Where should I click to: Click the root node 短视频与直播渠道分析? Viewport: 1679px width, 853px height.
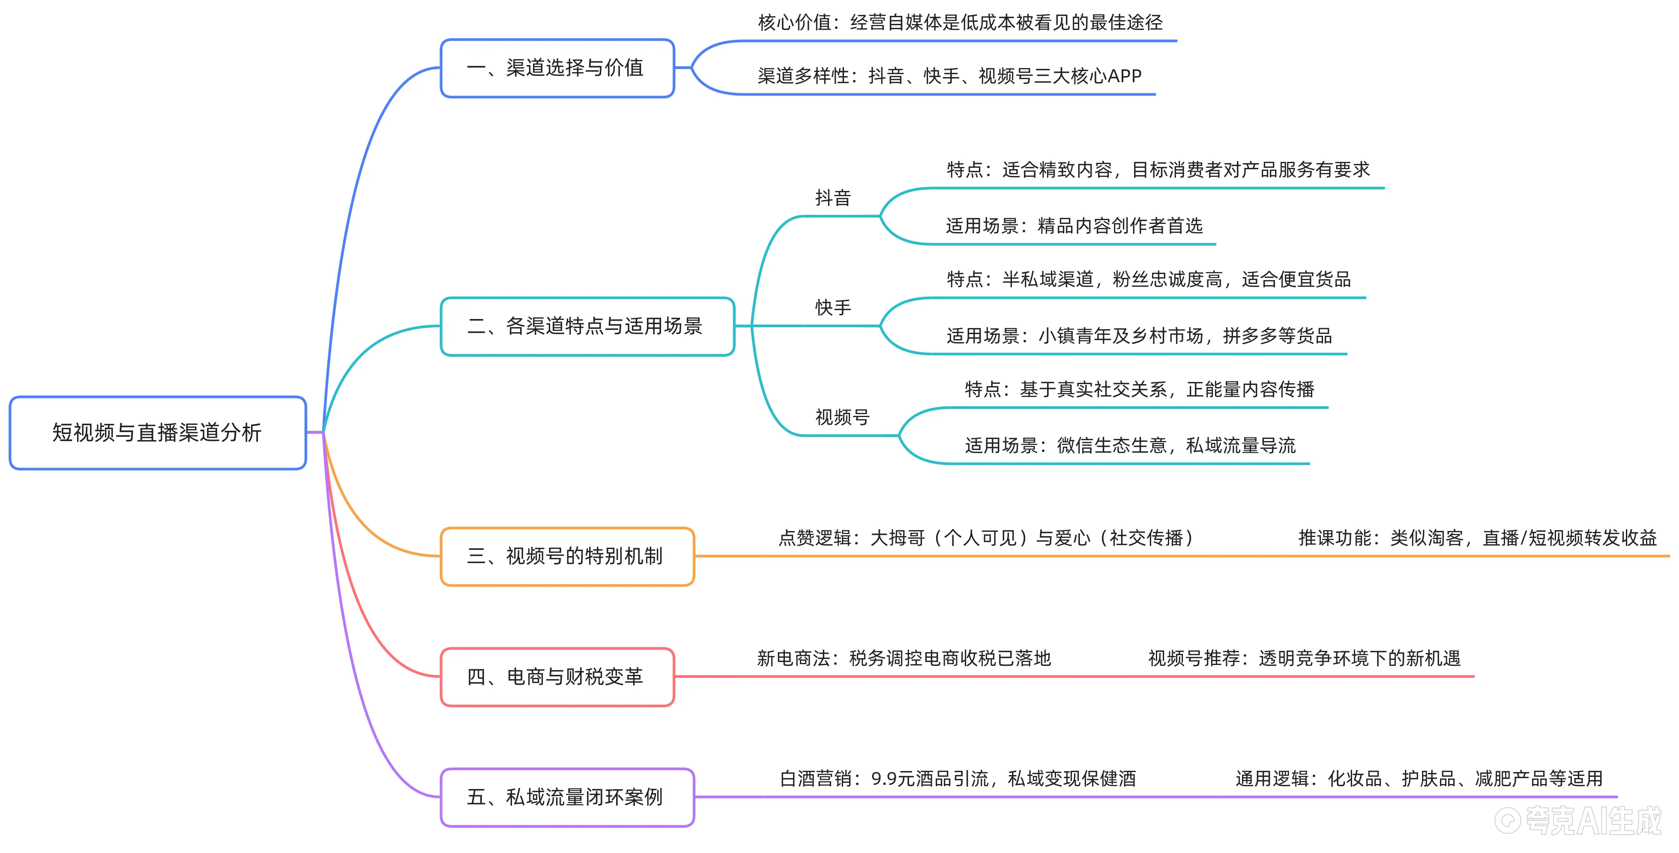157,432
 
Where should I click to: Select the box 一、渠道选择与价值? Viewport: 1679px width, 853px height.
557,68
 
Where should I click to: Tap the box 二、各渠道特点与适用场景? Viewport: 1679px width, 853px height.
587,326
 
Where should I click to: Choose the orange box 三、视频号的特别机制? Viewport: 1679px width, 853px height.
566,557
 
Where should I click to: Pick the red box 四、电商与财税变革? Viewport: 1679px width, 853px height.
557,677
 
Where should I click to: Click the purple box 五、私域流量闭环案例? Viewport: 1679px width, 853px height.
566,797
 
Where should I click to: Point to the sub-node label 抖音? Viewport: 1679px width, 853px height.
833,198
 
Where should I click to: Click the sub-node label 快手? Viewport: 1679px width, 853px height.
833,307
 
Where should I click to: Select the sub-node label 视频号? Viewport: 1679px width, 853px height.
842,417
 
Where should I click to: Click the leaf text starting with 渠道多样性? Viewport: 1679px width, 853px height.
949,76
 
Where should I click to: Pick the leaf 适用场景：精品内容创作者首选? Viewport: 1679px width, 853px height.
1074,226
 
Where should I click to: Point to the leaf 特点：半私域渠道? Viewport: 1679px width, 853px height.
1149,280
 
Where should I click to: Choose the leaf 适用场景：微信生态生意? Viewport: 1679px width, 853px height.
1130,446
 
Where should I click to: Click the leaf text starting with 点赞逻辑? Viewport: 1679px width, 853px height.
985,538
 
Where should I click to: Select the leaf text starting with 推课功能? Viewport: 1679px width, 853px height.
1477,538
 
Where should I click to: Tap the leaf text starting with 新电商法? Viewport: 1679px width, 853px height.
904,659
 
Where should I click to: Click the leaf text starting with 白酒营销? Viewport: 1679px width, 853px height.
958,779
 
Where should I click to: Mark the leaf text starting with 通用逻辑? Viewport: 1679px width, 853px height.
1418,779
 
